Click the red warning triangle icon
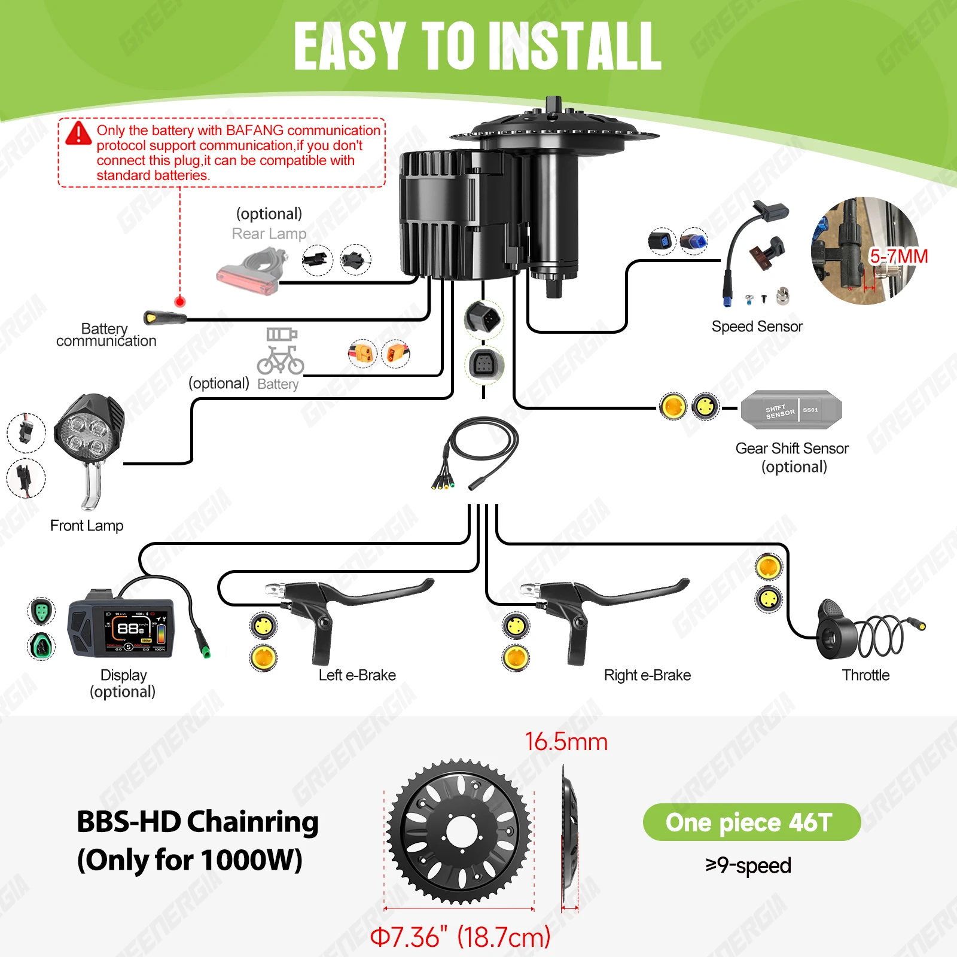[x=78, y=133]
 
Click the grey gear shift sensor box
[x=791, y=410]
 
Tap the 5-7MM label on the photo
[x=898, y=257]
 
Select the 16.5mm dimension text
[x=566, y=742]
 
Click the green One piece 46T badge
[x=751, y=822]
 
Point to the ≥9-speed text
[x=748, y=865]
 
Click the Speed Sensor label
[x=757, y=327]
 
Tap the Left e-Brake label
[x=357, y=675]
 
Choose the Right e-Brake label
[x=647, y=675]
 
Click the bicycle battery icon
[x=281, y=351]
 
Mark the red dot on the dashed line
[x=179, y=301]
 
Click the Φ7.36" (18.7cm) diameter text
[x=460, y=937]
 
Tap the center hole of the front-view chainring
[x=461, y=831]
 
